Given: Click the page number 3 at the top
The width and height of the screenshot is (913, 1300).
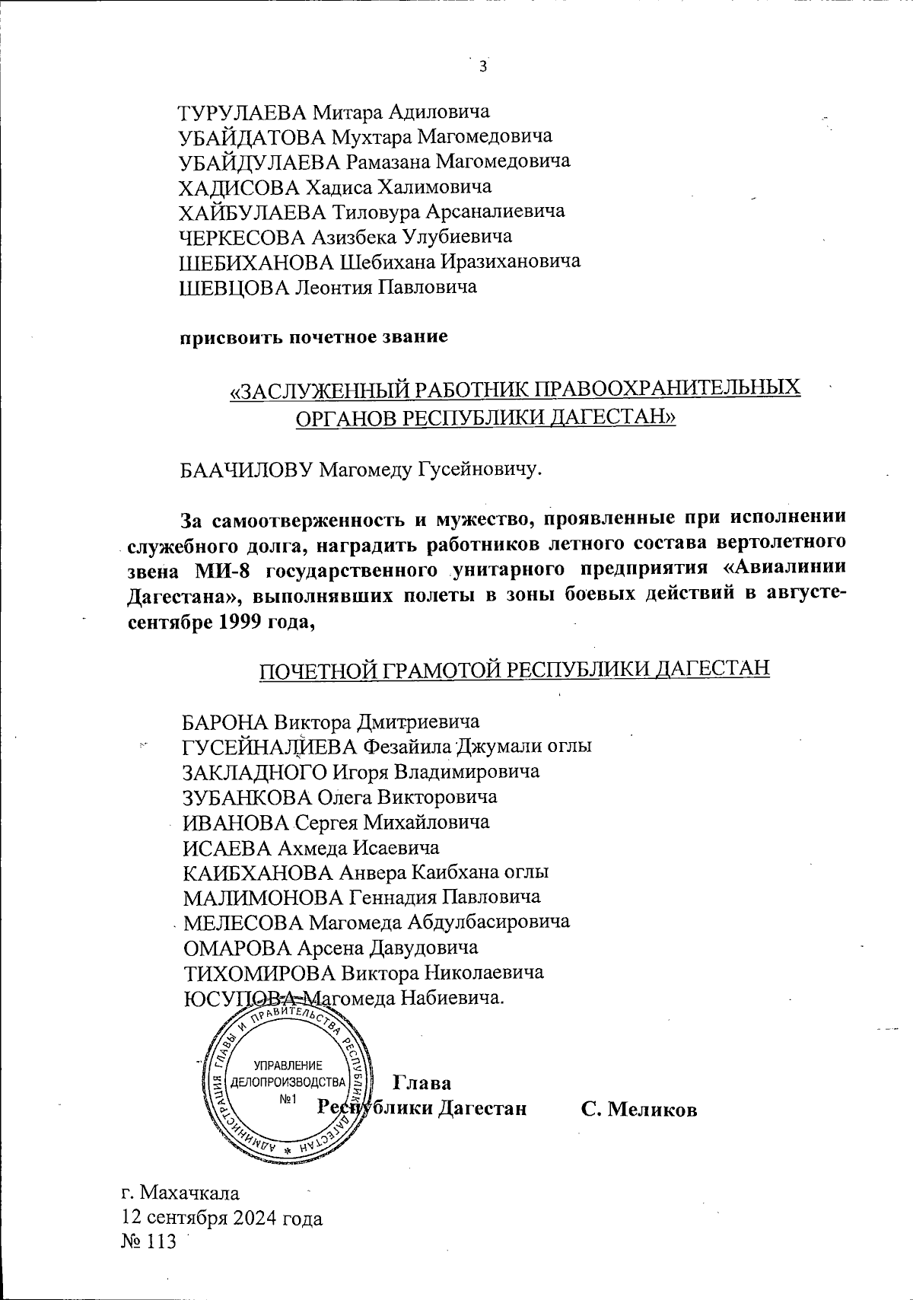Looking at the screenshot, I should [x=482, y=67].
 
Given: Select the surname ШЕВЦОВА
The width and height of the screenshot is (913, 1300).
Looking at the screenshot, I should [x=234, y=287].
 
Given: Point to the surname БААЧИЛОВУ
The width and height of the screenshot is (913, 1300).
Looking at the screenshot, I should [x=247, y=469].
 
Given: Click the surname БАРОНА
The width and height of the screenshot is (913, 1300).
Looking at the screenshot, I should [x=226, y=721].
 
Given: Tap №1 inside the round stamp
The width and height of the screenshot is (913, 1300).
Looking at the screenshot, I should [x=288, y=1098].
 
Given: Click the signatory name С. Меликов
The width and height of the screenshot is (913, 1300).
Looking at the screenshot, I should [x=638, y=1108].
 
